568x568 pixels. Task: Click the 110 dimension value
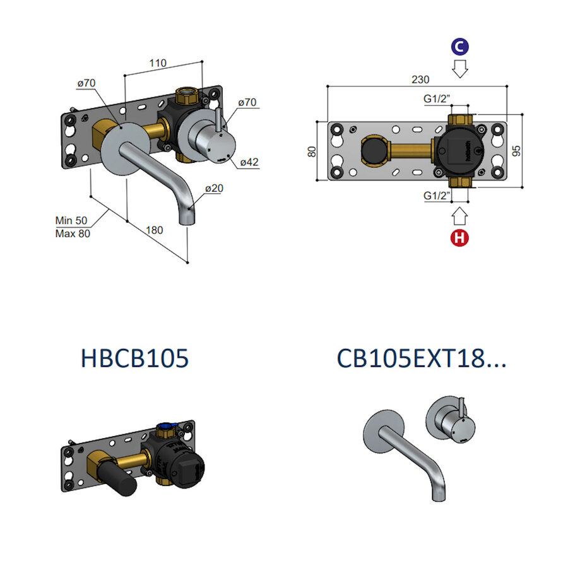(x=158, y=63)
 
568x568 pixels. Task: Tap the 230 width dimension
(x=420, y=80)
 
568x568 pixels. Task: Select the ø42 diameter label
(x=249, y=162)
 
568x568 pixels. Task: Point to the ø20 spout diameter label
(x=214, y=188)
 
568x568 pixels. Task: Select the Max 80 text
(x=73, y=234)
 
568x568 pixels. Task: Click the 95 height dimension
(x=516, y=151)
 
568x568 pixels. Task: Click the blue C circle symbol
(x=459, y=47)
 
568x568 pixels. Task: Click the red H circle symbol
(x=460, y=239)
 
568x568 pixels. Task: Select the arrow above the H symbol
(x=459, y=216)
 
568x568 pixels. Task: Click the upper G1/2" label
(x=437, y=98)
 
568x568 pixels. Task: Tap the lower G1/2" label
(x=437, y=196)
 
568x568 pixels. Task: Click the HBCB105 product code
(x=135, y=358)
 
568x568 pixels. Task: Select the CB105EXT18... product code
(x=422, y=358)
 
